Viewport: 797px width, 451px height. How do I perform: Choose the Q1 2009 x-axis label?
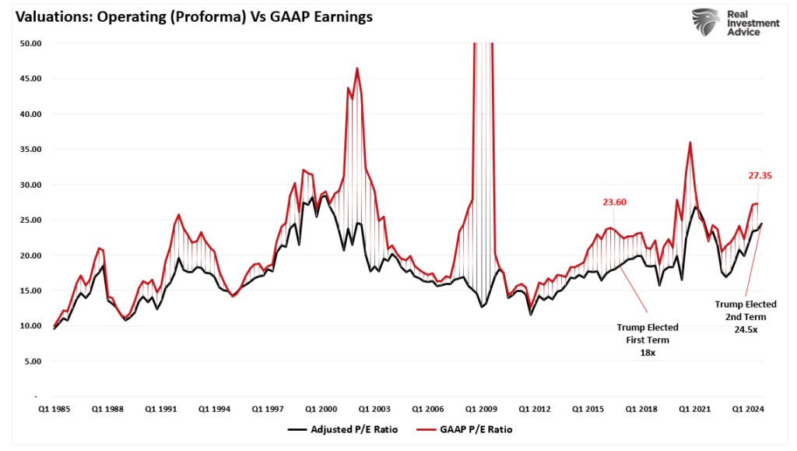(x=482, y=407)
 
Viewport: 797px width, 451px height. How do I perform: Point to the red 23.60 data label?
(x=613, y=202)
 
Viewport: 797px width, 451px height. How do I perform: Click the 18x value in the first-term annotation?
(x=648, y=352)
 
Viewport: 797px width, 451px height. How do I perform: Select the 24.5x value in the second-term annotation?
(x=746, y=329)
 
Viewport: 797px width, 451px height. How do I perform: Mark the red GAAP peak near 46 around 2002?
(x=357, y=69)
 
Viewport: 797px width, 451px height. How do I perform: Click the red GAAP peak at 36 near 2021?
(x=690, y=143)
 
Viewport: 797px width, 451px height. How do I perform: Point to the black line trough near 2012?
(x=531, y=314)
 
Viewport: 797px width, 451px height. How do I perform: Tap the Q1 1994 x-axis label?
(x=214, y=407)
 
